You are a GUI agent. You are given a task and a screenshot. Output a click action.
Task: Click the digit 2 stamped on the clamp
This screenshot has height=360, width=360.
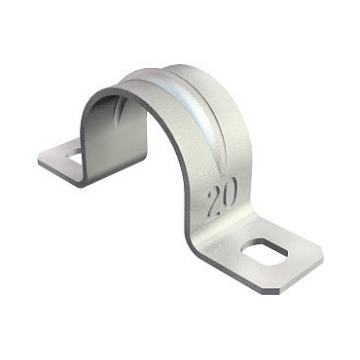coord(214,202)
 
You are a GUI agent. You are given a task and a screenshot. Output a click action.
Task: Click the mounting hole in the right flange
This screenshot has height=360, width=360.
coord(265,252)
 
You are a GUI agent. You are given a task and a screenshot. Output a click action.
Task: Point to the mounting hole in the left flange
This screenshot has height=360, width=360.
coord(75,154)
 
